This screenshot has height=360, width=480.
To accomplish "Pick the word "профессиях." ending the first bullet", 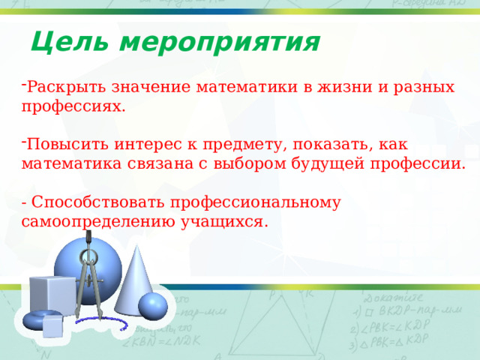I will [73, 106].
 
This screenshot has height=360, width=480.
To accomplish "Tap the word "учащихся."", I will [224, 222].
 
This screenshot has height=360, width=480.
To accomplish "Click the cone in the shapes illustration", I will [137, 281].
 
